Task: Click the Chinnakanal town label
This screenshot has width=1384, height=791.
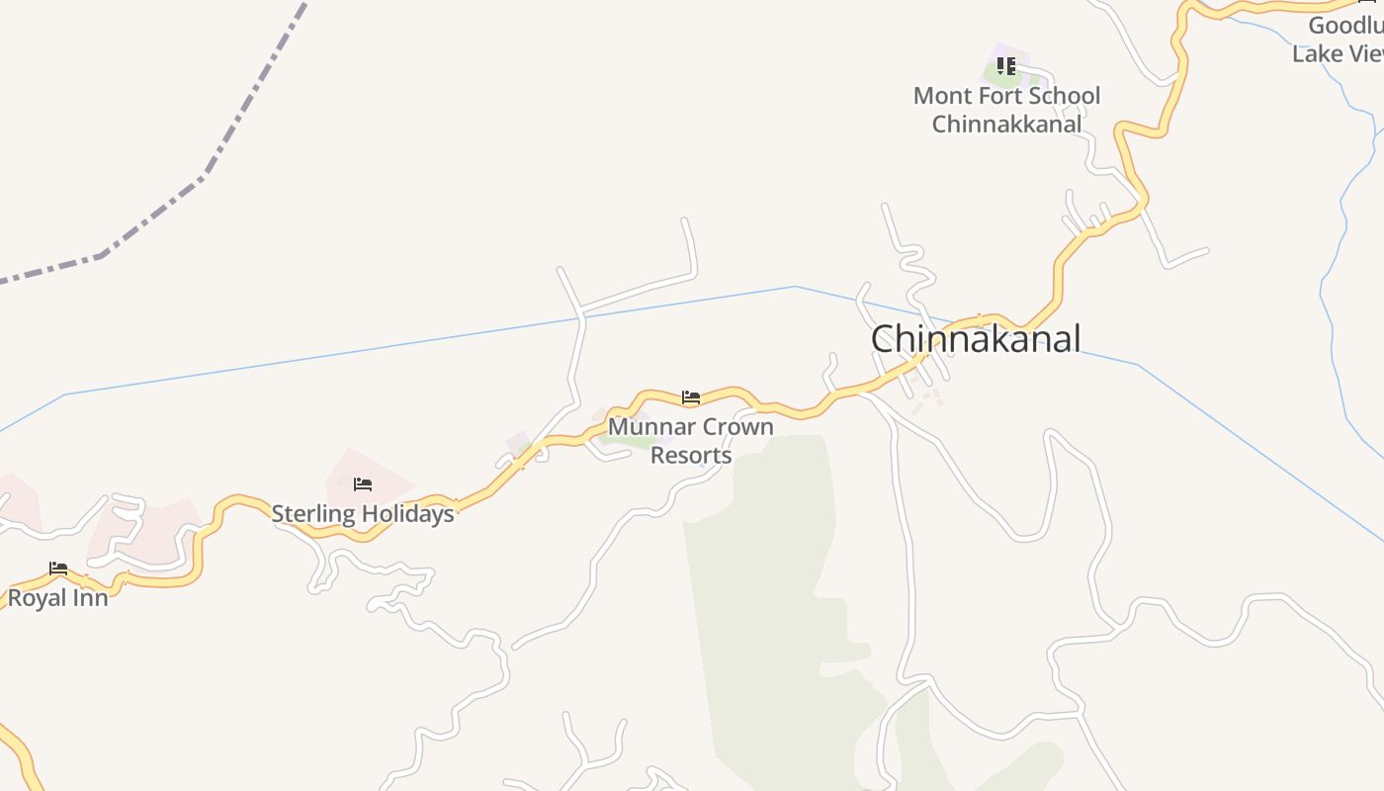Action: (x=976, y=339)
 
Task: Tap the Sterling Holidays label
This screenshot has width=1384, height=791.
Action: (x=363, y=513)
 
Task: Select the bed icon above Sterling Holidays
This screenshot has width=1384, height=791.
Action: (x=363, y=484)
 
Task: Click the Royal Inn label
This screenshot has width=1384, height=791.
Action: (x=57, y=597)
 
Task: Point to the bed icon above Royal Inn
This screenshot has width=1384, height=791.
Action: (x=58, y=569)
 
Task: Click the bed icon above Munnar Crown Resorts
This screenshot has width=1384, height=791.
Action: (x=691, y=397)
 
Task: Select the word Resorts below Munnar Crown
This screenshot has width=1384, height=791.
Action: (x=691, y=455)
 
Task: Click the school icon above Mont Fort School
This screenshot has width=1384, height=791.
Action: (x=1006, y=66)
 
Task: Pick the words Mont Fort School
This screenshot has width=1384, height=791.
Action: (x=1006, y=96)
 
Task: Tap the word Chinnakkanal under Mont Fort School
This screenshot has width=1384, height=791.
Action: (x=1006, y=125)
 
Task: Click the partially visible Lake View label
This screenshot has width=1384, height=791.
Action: (x=1338, y=53)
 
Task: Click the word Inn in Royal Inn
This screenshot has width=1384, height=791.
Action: (x=89, y=597)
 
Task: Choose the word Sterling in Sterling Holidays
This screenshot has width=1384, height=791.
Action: (x=314, y=513)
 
